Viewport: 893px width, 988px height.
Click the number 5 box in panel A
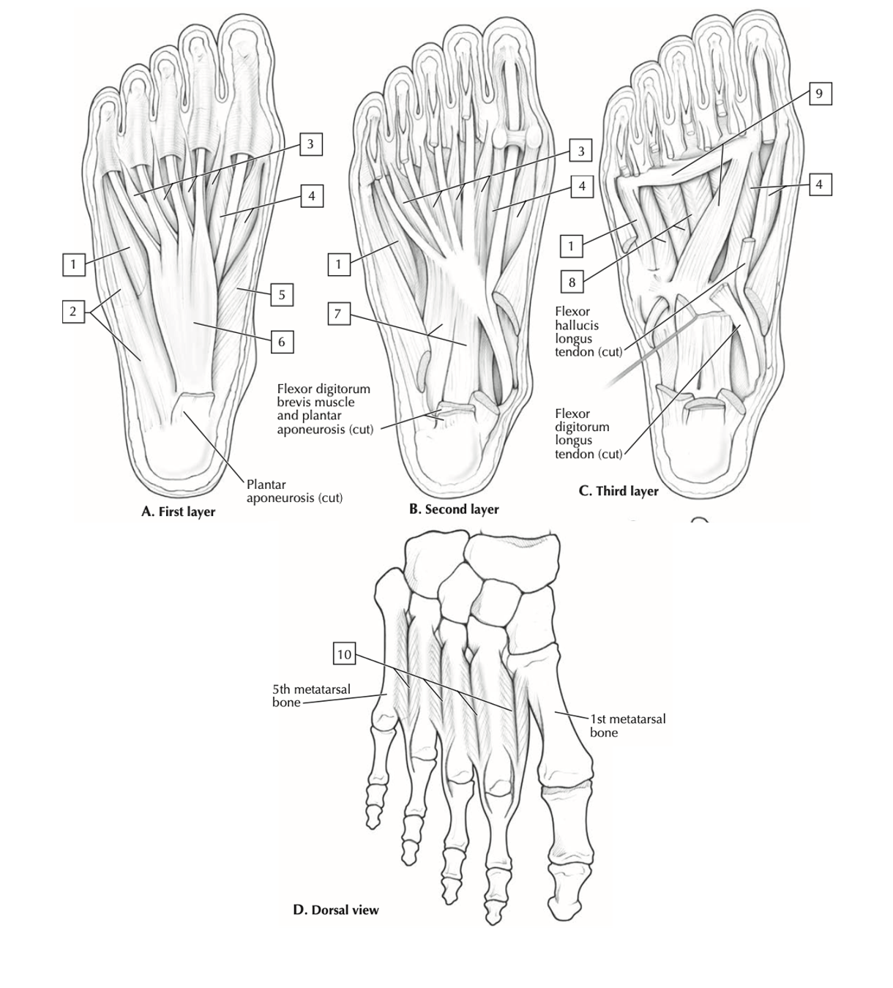281,294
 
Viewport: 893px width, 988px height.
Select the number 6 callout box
282,341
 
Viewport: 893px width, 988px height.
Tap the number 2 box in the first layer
73,311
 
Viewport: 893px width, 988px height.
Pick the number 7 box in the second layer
339,314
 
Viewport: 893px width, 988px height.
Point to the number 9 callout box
819,94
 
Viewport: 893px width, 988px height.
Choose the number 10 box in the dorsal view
344,654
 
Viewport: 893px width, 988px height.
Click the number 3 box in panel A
310,144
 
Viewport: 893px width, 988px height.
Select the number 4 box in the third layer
819,184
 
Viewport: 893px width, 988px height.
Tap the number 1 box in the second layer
339,264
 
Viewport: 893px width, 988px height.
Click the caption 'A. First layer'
178,512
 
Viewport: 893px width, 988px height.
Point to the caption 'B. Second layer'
454,509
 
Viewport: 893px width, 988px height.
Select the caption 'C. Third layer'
619,491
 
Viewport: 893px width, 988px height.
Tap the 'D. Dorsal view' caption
336,910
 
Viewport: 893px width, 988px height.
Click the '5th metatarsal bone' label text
312,695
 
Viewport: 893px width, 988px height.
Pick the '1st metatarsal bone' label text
627,726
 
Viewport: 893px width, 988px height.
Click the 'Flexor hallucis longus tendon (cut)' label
589,332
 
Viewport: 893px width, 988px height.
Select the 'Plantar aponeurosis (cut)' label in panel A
294,491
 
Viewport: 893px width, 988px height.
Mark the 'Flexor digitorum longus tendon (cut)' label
589,434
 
